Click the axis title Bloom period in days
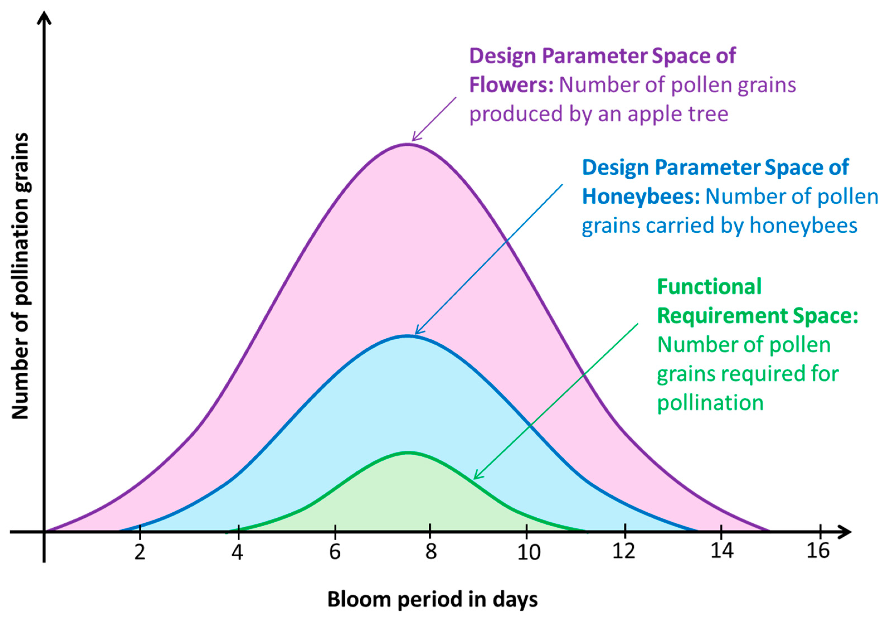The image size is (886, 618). (x=432, y=600)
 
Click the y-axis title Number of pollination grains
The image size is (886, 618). (x=20, y=276)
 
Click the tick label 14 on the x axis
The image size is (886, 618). (x=722, y=551)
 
